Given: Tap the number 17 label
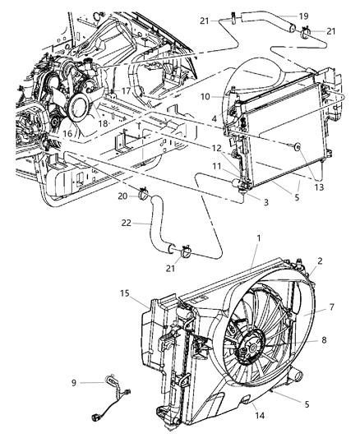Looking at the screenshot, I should [x=126, y=92].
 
